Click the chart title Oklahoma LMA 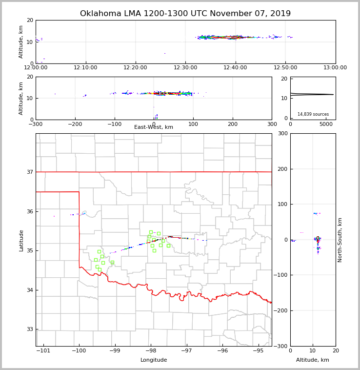coord(185,14)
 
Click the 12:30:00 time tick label coord(185,67)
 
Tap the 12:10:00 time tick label coord(87,67)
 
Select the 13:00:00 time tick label coord(335,67)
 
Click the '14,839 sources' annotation coord(313,114)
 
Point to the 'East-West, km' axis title coord(154,127)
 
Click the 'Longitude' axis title coord(154,360)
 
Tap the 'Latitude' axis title coord(21,240)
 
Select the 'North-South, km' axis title coord(340,240)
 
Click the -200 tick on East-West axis coord(75,124)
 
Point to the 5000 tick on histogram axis coord(326,124)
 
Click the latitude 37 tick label coord(30,172)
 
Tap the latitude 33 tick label coord(30,329)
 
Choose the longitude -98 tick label coord(150,351)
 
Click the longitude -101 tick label coord(43,351)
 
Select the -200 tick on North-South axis coord(282,310)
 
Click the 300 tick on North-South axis coord(283,133)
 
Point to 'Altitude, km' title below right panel coord(313,360)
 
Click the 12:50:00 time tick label coord(285,67)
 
